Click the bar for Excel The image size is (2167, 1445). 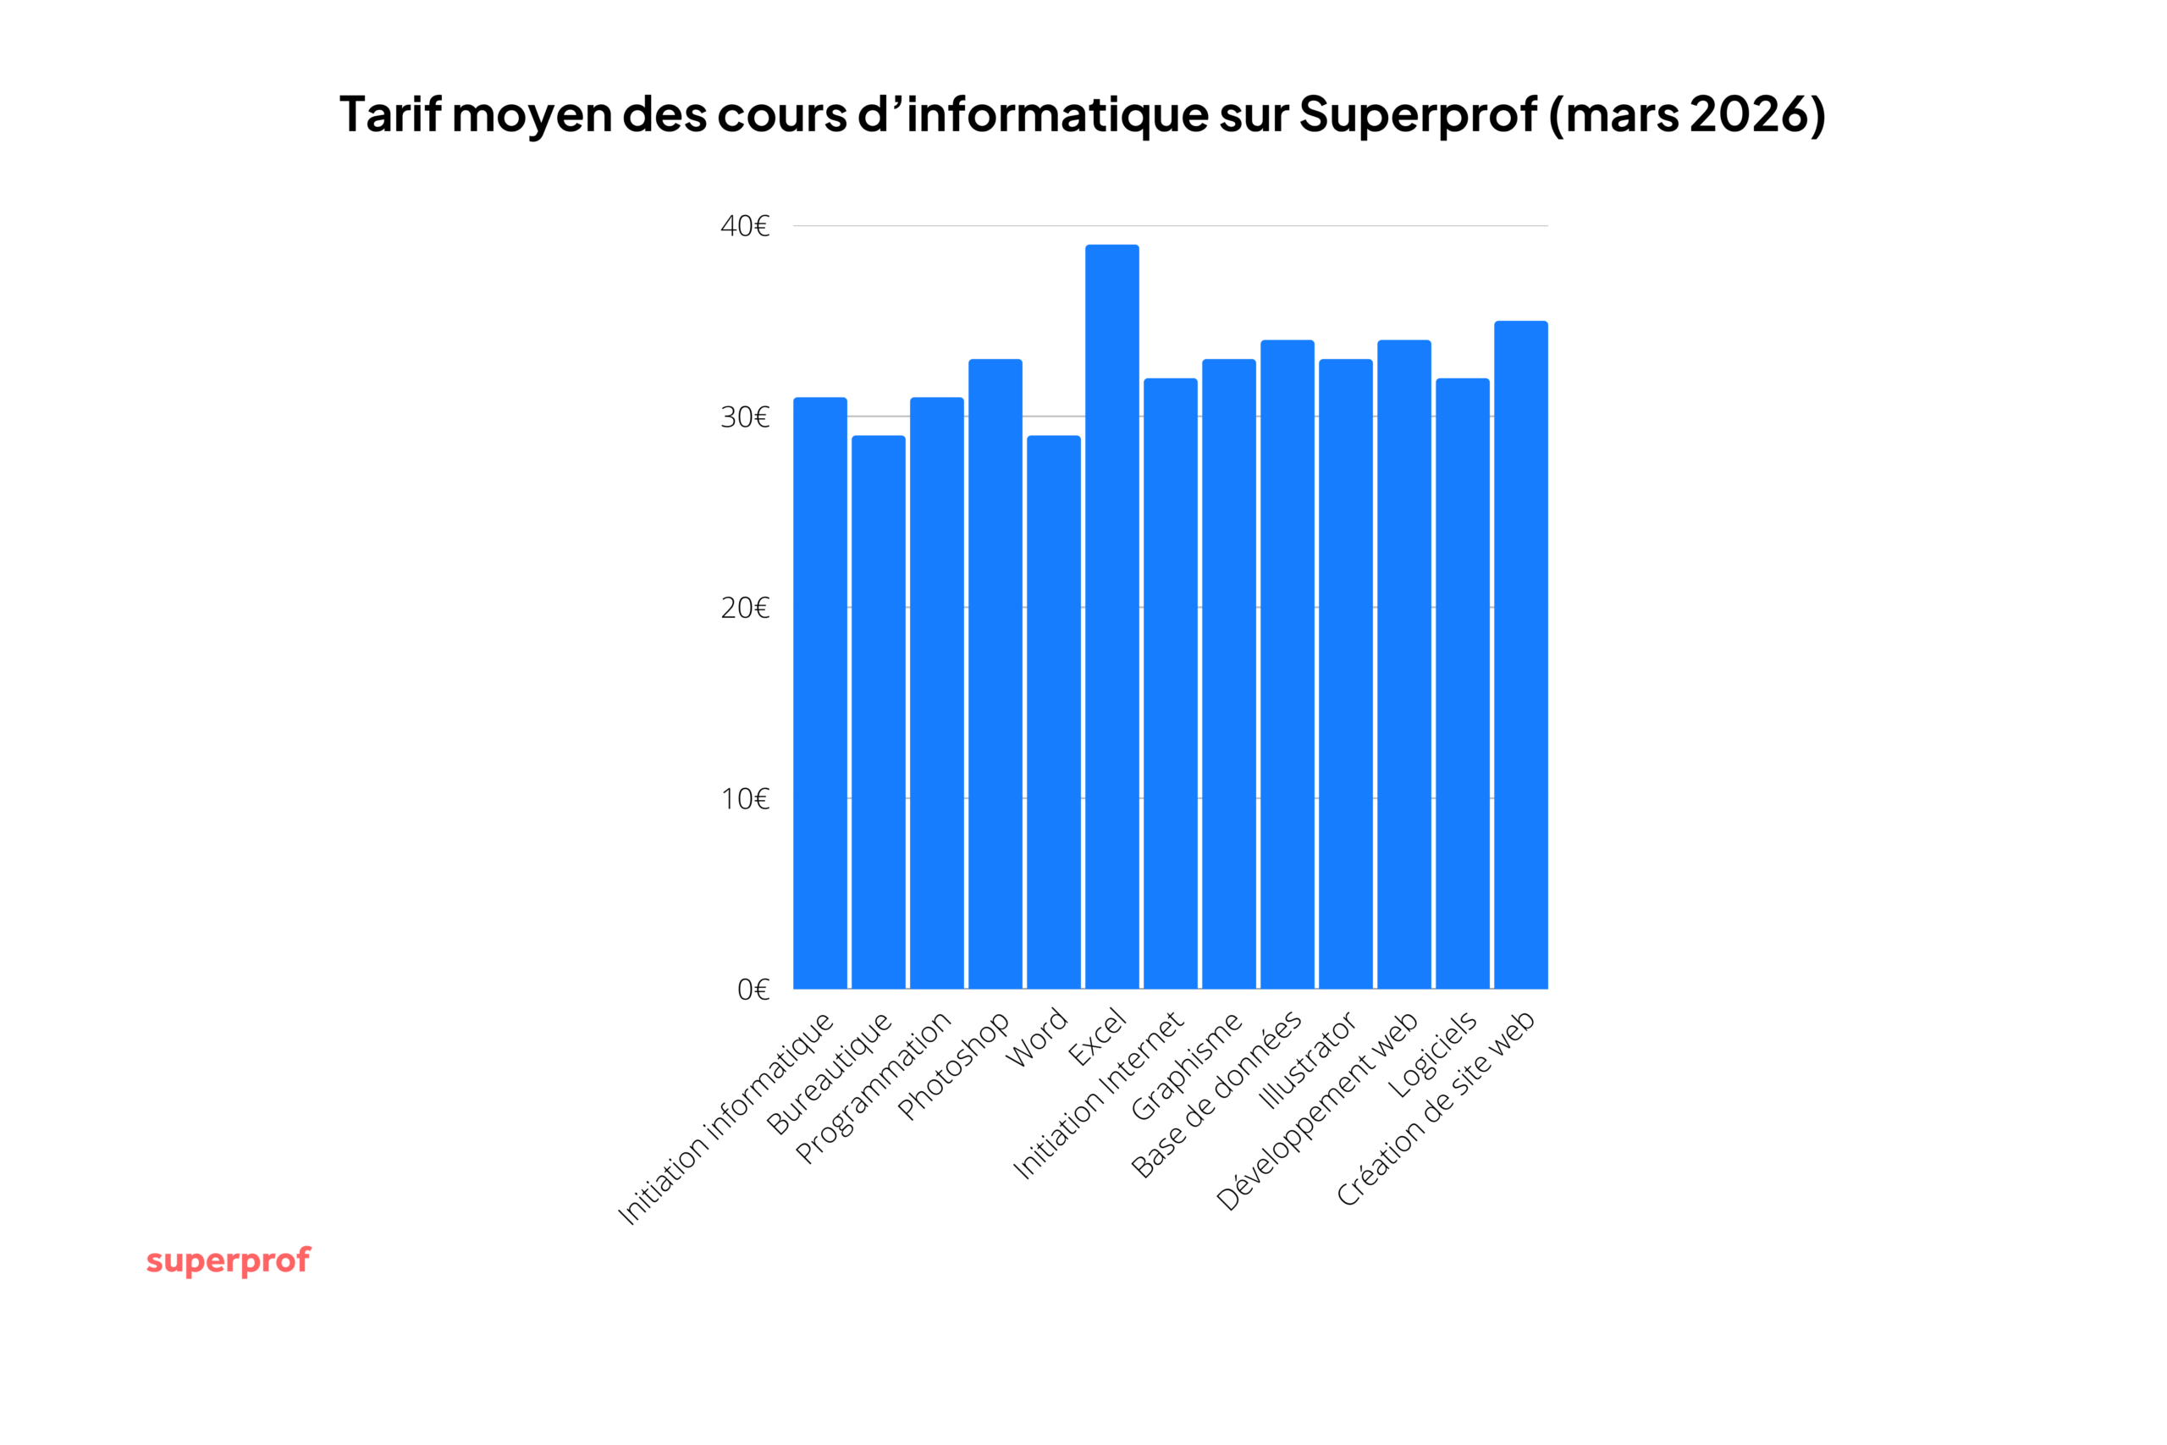coord(1112,616)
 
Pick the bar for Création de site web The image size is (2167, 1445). coord(1520,655)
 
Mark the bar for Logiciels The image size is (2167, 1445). coord(1462,684)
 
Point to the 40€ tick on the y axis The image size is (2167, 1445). coord(744,226)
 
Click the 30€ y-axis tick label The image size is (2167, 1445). coord(744,417)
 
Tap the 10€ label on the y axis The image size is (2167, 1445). coord(744,799)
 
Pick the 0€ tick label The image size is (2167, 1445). coord(753,990)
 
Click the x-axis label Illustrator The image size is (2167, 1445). coord(1306,1060)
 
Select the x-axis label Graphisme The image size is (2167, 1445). coord(1187,1067)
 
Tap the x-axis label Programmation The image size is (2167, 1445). coord(874,1088)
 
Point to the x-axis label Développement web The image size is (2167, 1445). coord(1317,1111)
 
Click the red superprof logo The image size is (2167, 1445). coord(229,1260)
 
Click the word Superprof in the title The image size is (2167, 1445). coord(1418,114)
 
